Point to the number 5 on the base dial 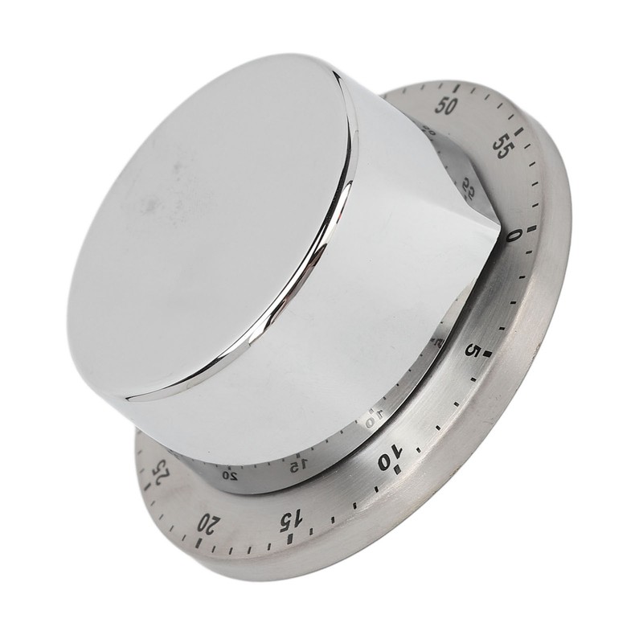pyautogui.click(x=475, y=351)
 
